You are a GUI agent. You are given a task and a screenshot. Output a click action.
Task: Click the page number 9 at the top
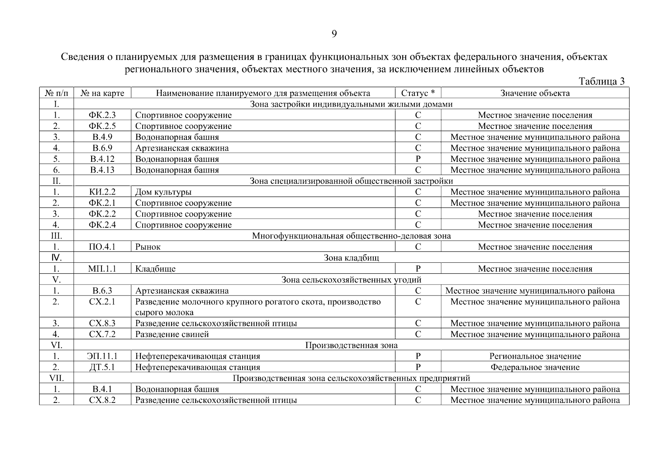click(x=334, y=34)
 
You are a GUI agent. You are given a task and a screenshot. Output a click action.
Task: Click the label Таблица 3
click(x=601, y=81)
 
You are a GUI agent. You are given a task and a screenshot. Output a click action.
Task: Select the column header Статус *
click(x=418, y=93)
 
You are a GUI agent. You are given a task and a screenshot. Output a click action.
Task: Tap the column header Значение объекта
click(x=535, y=93)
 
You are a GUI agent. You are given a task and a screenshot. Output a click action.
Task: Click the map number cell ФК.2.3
click(x=102, y=115)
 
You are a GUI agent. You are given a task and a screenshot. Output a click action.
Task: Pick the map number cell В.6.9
click(x=102, y=148)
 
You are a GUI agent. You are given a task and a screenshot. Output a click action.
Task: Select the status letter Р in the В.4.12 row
click(x=418, y=159)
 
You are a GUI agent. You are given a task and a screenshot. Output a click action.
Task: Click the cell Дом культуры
click(x=163, y=192)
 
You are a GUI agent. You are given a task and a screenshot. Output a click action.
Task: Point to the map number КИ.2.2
click(x=102, y=192)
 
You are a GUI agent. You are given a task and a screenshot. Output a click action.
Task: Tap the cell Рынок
click(x=148, y=247)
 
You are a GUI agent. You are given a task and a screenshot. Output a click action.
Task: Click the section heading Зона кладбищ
click(x=351, y=258)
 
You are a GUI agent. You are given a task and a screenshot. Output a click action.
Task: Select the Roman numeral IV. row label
click(x=56, y=258)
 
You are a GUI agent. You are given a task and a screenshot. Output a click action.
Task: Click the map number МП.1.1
click(x=102, y=269)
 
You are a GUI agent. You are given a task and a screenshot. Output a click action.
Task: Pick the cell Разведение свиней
click(x=172, y=334)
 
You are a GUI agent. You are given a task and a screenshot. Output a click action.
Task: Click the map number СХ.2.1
click(x=102, y=302)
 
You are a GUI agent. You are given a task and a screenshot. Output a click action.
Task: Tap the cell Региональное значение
click(x=535, y=356)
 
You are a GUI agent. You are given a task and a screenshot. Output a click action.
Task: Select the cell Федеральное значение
click(x=535, y=368)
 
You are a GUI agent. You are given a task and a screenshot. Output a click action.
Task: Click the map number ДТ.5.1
click(x=102, y=368)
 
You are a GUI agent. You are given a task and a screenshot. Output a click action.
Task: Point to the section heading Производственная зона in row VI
click(x=351, y=345)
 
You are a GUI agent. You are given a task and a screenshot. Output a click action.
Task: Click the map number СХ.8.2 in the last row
click(x=102, y=400)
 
